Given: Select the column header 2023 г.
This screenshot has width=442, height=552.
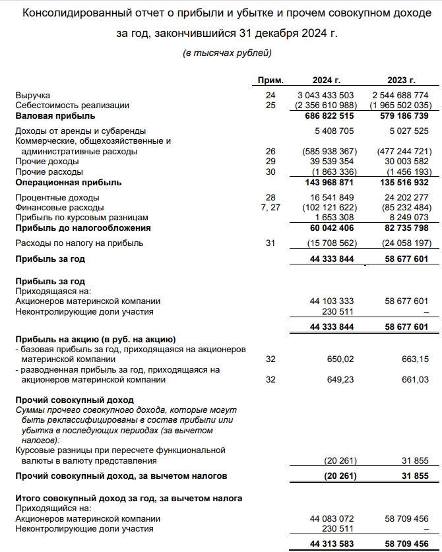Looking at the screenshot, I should click(x=401, y=80).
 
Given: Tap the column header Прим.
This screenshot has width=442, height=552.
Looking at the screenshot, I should click(x=269, y=80).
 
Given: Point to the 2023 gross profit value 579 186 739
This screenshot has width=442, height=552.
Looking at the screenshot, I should click(x=401, y=115).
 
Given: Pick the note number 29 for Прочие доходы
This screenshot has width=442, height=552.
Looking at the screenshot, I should click(x=269, y=161).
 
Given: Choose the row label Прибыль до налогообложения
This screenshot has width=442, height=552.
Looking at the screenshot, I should click(x=83, y=228).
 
